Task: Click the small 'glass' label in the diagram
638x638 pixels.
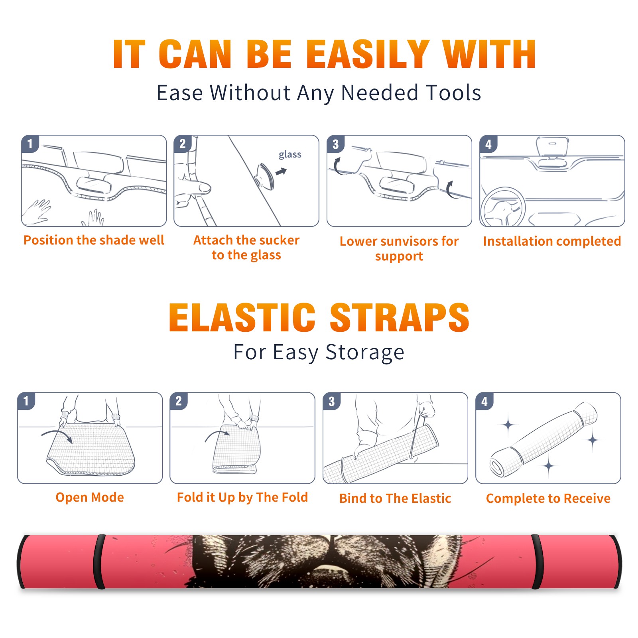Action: (290, 155)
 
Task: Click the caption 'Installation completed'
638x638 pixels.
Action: (552, 241)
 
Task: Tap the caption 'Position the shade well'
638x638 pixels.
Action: (94, 240)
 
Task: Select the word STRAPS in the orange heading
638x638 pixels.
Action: (400, 317)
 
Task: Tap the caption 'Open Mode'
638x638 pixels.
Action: (90, 497)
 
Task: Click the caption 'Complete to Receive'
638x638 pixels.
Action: (548, 498)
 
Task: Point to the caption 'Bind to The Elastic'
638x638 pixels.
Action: (395, 498)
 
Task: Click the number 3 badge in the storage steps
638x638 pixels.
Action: (332, 402)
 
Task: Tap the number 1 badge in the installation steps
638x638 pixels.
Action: (30, 144)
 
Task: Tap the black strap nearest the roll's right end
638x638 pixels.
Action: (537, 562)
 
